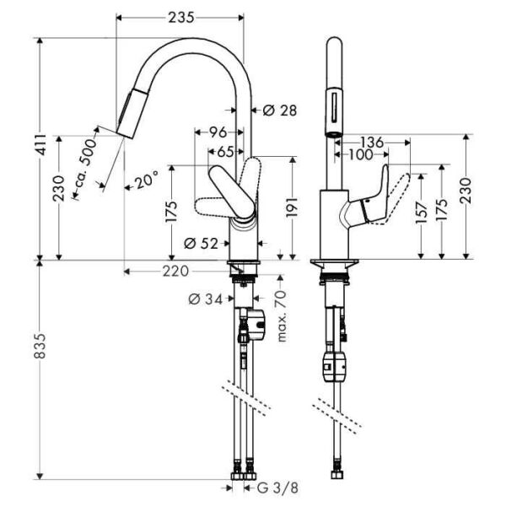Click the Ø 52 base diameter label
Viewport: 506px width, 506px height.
[200, 244]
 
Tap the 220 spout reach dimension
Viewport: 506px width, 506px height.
[175, 271]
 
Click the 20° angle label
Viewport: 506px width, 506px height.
[146, 180]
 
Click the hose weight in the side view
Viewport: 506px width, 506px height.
[333, 368]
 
